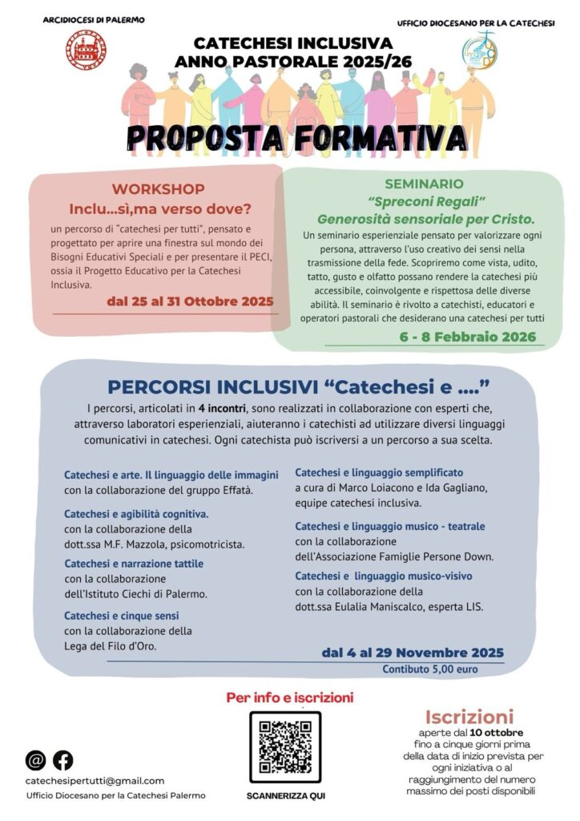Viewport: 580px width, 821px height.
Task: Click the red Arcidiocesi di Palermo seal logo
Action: pyautogui.click(x=80, y=50)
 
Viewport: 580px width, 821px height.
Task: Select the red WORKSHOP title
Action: pyautogui.click(x=158, y=189)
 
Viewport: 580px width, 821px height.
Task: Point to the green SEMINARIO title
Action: pyautogui.click(x=424, y=184)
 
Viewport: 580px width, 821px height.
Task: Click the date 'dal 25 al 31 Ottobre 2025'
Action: pyautogui.click(x=190, y=301)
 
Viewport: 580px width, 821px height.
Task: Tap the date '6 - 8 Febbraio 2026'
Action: pyautogui.click(x=468, y=338)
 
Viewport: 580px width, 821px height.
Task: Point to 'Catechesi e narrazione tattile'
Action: pyautogui.click(x=134, y=564)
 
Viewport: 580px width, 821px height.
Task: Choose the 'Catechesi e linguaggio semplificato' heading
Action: pyautogui.click(x=379, y=472)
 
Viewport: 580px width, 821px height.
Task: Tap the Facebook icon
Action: pyautogui.click(x=62, y=759)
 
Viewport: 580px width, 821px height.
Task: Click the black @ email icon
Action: pyautogui.click(x=36, y=759)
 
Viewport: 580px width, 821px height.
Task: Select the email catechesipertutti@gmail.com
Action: pyautogui.click(x=95, y=780)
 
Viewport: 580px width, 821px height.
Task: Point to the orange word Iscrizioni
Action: pyautogui.click(x=469, y=716)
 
